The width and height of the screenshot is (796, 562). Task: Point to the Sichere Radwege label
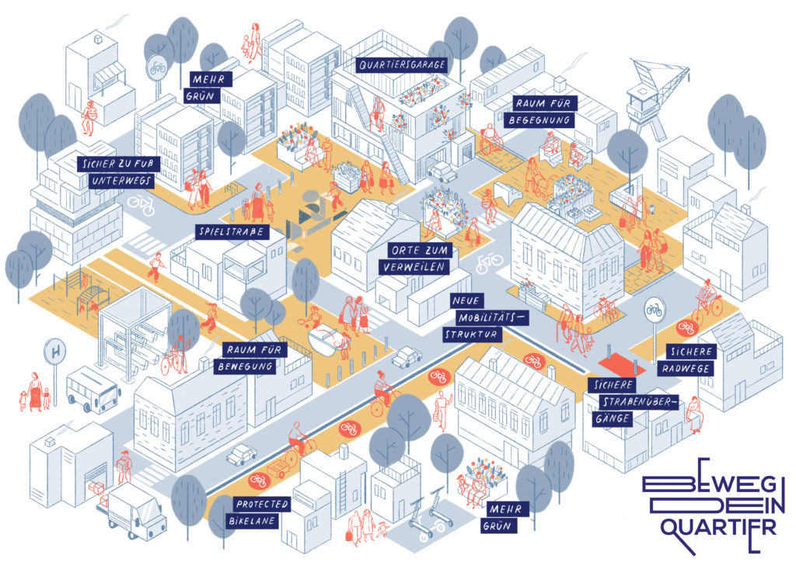coord(688,360)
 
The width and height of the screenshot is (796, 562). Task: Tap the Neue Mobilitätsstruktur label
coord(477,317)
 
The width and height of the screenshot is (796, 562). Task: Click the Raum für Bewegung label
coord(253,357)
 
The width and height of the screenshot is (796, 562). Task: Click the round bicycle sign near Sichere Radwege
coord(654,308)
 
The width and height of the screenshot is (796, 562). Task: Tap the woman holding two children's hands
coord(34,392)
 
